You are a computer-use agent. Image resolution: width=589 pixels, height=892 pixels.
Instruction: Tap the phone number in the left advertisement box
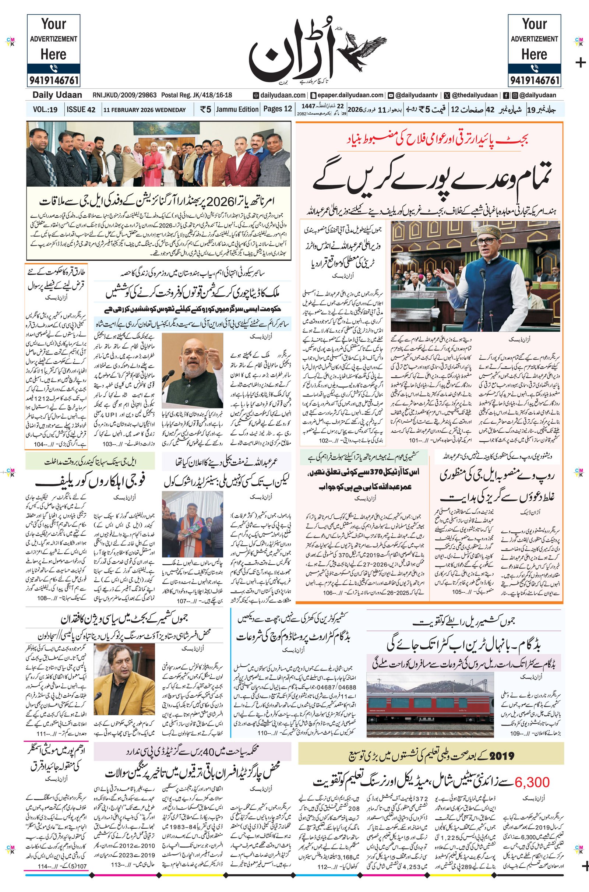[x=53, y=80]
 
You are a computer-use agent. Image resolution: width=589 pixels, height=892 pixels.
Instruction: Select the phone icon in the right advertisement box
[x=534, y=68]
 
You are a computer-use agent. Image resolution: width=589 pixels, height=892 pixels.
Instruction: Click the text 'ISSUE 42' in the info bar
[x=81, y=110]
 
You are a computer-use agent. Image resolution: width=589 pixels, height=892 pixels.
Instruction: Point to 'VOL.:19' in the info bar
[x=45, y=110]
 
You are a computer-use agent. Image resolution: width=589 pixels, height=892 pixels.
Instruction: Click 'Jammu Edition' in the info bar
[x=237, y=109]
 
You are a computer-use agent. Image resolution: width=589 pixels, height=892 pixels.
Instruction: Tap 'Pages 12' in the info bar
[x=277, y=109]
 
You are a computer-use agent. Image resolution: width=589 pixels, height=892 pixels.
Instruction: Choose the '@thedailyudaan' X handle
[x=475, y=95]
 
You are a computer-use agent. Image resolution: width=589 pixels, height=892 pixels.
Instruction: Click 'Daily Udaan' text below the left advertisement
[x=57, y=95]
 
